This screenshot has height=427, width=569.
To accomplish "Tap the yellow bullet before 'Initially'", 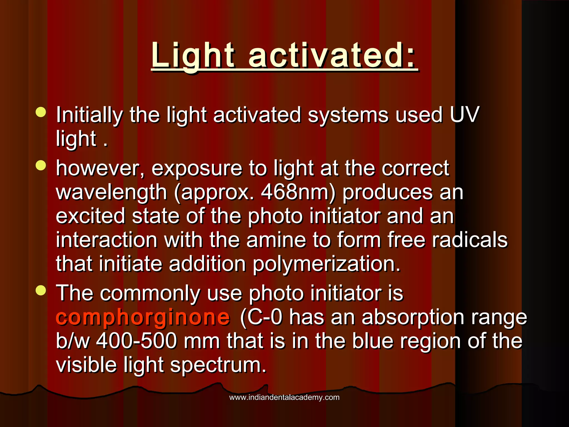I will pos(41,113).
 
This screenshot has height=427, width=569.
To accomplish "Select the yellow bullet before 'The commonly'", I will pos(41,291).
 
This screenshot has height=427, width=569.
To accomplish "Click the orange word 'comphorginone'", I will pos(143,317).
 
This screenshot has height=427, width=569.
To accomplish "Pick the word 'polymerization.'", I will pos(326,264).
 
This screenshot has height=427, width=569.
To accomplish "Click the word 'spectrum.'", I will pos(218,365).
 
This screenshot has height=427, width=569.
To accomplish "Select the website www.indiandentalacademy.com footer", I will pos(284,398).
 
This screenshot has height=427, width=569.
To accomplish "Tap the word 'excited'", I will pos(91,216).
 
